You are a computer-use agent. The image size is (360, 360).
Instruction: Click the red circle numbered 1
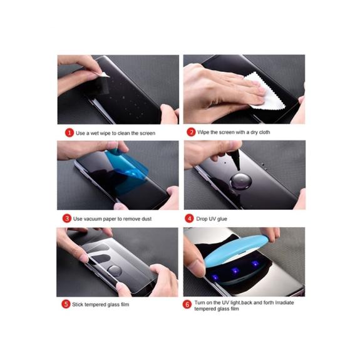69,133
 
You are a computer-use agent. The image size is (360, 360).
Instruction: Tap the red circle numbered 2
191,132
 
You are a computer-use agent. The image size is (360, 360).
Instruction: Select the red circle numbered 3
67,219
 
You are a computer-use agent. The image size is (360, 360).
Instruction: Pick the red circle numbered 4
189,219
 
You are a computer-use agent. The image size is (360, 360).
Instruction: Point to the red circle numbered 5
66,304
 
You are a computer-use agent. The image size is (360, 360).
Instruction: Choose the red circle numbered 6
187,304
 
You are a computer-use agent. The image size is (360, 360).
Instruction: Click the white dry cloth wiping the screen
265,92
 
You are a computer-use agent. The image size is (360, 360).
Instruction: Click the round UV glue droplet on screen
241,181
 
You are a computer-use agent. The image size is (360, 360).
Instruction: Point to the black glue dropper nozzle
237,160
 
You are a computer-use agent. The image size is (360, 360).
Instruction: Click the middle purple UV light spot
235,271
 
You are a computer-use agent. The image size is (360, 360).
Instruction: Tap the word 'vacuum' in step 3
92,219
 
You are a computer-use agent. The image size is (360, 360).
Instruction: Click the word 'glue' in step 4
222,219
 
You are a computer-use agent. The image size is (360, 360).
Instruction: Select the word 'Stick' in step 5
78,304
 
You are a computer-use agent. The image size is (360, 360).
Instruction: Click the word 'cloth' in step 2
264,132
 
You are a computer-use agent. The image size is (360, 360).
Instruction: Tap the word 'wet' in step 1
95,133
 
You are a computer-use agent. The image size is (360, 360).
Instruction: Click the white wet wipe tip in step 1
105,75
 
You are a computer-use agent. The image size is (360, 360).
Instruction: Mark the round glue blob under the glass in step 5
115,271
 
